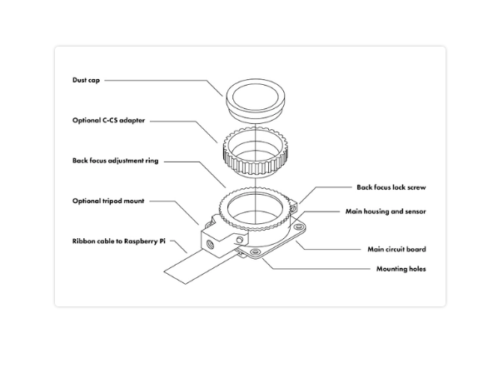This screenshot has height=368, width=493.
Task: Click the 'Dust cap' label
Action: pyautogui.click(x=86, y=80)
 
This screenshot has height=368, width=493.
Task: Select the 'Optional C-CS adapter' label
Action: pyautogui.click(x=108, y=121)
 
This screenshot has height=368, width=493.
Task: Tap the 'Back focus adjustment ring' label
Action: pyautogui.click(x=116, y=161)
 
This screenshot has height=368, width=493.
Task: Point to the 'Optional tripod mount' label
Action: pyautogui.click(x=108, y=201)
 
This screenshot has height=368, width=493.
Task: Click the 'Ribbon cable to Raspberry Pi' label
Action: pyautogui.click(x=119, y=241)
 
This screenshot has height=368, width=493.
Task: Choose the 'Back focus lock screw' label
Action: pyautogui.click(x=391, y=187)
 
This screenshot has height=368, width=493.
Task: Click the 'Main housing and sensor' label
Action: pyautogui.click(x=386, y=211)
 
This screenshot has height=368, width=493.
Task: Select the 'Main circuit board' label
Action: pyautogui.click(x=396, y=249)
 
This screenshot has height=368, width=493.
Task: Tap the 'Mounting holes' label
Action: pyautogui.click(x=401, y=269)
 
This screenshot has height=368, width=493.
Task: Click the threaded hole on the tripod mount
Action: pyautogui.click(x=210, y=243)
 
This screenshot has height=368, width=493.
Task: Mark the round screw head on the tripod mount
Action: pyautogui.click(x=240, y=240)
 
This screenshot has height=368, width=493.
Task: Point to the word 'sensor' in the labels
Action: pyautogui.click(x=416, y=211)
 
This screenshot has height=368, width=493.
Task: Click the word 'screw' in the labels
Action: pyautogui.click(x=416, y=187)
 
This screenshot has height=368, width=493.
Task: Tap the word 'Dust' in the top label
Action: pyautogui.click(x=78, y=80)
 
